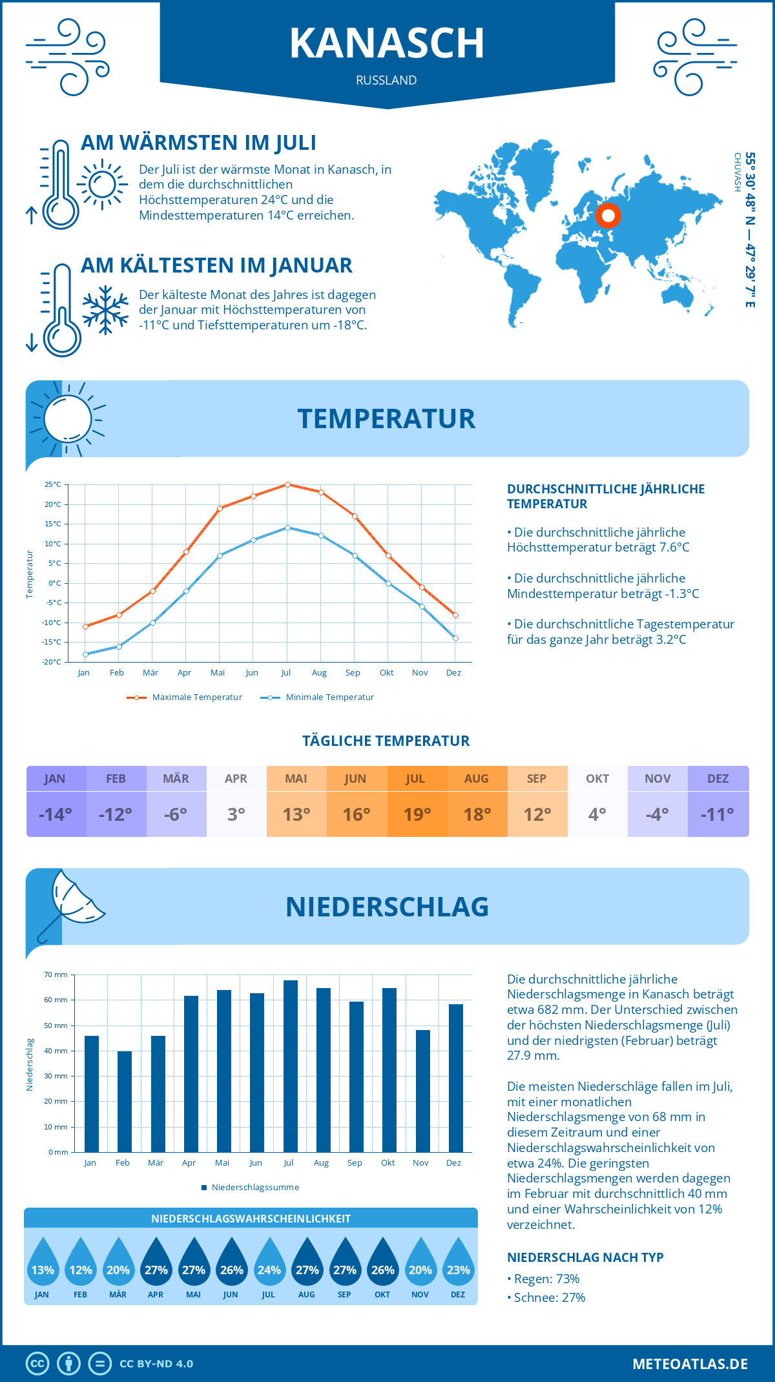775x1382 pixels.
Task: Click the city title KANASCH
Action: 387,43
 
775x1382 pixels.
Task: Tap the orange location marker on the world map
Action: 608,216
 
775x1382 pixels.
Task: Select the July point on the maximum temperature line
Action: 287,484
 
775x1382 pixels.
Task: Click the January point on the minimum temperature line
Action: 85,654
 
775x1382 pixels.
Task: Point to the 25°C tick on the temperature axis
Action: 53,484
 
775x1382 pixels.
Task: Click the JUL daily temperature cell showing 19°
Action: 417,814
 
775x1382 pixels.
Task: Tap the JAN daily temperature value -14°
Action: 56,814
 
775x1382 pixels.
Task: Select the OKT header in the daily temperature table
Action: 597,779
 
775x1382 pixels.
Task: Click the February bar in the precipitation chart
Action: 124,1102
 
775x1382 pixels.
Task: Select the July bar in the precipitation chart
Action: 290,1066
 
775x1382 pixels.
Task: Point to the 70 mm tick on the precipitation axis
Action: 56,975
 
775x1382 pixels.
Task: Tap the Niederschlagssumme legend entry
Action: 254,1188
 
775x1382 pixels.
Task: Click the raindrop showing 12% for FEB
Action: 81,1263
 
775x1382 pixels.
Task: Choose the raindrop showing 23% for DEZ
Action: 459,1263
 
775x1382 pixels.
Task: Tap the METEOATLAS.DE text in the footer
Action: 690,1364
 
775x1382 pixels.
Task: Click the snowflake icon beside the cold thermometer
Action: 105,310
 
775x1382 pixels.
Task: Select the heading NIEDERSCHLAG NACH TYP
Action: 585,1257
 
